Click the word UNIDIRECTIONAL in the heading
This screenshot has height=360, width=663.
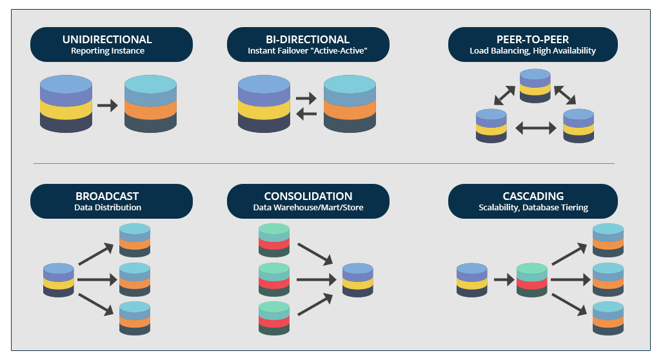[x=107, y=39]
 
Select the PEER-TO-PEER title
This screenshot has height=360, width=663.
[x=532, y=39]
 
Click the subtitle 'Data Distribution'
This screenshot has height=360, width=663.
[x=106, y=207]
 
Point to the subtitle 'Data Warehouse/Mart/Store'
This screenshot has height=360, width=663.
[x=308, y=207]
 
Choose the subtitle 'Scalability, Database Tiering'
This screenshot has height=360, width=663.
[x=533, y=207]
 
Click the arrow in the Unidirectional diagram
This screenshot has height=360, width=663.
[x=108, y=105]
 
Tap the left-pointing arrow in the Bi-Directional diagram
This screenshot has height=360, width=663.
[x=306, y=114]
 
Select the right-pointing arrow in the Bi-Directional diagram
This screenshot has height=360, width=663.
[x=306, y=99]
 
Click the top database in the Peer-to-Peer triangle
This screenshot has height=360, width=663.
[x=535, y=86]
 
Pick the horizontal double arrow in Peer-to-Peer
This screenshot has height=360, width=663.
[x=535, y=128]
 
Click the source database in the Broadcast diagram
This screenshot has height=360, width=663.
[x=59, y=280]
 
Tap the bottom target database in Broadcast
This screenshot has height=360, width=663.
[x=135, y=318]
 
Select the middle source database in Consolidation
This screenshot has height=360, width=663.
[x=274, y=280]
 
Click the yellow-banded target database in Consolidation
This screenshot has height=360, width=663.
[x=358, y=280]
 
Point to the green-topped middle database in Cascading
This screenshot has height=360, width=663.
[x=532, y=280]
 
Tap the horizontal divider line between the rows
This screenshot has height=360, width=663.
[x=322, y=163]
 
